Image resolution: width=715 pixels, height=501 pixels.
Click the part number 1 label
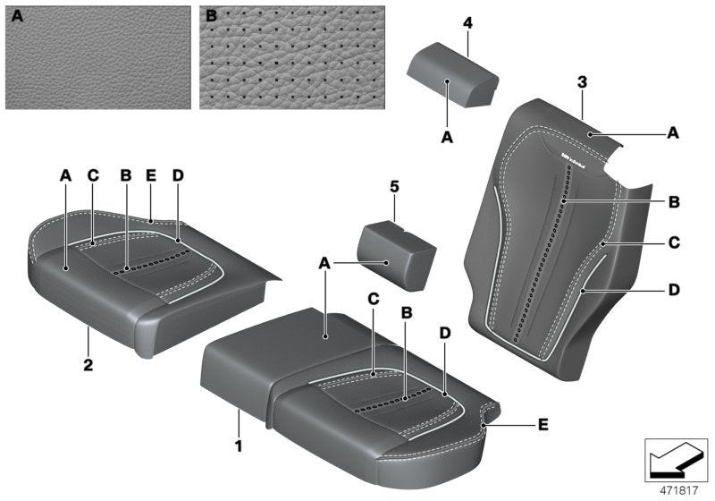point(238,443)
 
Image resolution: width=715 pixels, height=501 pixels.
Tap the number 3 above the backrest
point(582,83)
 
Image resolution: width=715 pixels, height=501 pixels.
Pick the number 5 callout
point(393,188)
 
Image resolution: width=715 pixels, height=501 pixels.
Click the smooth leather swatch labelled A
point(97,57)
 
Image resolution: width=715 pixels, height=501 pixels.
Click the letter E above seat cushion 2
point(151,176)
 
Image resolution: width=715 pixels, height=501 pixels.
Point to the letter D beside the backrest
point(673,290)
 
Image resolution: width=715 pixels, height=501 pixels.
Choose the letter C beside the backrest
point(673,242)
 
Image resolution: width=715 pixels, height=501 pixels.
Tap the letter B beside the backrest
point(673,203)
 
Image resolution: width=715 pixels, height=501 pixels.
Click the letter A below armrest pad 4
point(448,138)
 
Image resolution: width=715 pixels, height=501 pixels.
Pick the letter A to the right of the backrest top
point(673,132)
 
